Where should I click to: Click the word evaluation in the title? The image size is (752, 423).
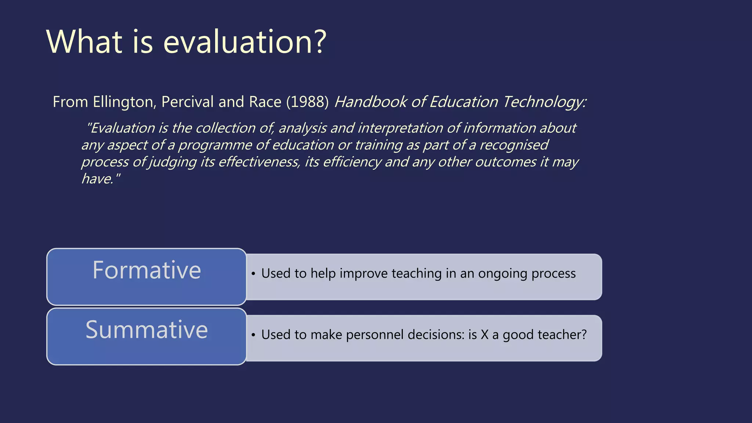pyautogui.click(x=239, y=42)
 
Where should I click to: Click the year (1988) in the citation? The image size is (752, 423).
pyautogui.click(x=307, y=102)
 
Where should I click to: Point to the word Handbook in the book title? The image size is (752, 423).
pyautogui.click(x=370, y=102)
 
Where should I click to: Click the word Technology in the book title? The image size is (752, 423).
pyautogui.click(x=545, y=102)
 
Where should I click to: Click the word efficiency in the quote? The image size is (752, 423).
pyautogui.click(x=352, y=162)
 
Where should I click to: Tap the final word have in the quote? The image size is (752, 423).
pyautogui.click(x=97, y=179)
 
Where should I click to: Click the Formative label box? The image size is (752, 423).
pyautogui.click(x=147, y=277)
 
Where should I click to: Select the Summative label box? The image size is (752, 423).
pyautogui.click(x=147, y=336)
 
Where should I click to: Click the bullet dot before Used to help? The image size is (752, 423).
pyautogui.click(x=253, y=274)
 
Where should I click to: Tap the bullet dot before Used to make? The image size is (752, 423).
pyautogui.click(x=253, y=335)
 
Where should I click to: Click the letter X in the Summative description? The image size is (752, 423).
pyautogui.click(x=485, y=335)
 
